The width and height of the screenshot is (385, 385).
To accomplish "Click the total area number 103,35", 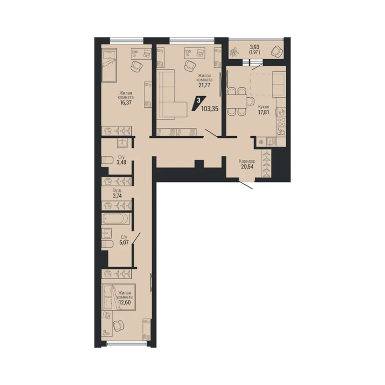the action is pos(210,108).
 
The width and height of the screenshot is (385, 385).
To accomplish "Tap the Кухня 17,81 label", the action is pos(264,110).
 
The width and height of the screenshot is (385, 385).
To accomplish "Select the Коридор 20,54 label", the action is pos(247,164).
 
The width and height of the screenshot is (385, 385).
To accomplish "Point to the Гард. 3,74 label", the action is pos(117,193).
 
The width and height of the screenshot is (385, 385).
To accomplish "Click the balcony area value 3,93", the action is pos(255,47).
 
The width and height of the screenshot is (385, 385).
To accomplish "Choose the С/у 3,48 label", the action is pos(122,159).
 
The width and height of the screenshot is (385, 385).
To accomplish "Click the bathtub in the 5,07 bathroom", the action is pos(115,219).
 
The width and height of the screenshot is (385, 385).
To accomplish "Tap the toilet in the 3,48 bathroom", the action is pos(107,160).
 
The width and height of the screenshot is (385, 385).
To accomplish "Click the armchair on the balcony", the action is pos(277,51).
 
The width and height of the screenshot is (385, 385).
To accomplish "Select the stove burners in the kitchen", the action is pos(281,122).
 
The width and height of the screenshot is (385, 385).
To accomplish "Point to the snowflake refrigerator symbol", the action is pos(261,142).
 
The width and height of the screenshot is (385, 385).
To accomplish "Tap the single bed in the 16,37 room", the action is pos(109,65).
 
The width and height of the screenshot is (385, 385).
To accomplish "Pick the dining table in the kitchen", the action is pos(237,101).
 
